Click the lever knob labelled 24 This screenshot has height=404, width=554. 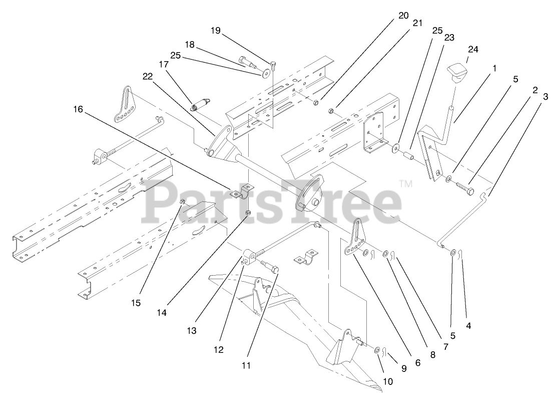[457, 73]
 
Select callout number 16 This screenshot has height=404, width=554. [78, 108]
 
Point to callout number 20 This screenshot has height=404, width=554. [403, 15]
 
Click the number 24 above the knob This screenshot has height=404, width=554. [473, 49]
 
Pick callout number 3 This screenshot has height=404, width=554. [545, 95]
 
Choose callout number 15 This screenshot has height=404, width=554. [136, 303]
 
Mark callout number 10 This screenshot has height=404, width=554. [388, 381]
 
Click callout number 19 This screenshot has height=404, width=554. [215, 31]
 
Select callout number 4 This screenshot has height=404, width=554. [468, 325]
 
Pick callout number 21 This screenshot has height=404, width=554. [417, 23]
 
